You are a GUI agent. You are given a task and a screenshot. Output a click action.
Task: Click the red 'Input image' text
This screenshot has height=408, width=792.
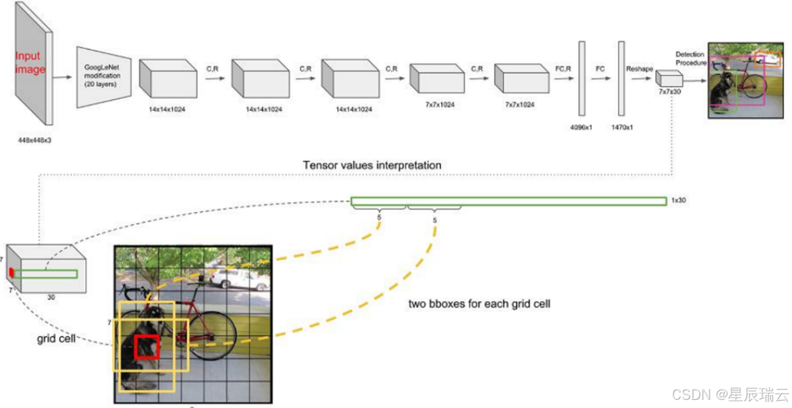tap(28, 63)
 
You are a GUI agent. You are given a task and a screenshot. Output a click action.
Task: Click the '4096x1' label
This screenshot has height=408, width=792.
tap(581, 126)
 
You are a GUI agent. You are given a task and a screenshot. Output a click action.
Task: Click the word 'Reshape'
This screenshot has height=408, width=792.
tap(639, 68)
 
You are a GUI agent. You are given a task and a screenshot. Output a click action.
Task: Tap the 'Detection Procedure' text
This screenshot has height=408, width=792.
tap(690, 58)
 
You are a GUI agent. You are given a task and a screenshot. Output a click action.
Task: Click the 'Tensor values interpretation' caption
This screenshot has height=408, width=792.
tap(372, 165)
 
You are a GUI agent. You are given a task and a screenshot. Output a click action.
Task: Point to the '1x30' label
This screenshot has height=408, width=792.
tap(678, 201)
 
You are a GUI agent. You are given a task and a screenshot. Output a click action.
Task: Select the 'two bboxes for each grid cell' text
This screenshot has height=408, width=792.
tap(479, 304)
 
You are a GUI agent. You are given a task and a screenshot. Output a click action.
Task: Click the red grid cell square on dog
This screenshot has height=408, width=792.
tap(147, 347)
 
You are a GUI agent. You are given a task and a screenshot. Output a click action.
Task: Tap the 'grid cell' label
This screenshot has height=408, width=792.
tap(55, 338)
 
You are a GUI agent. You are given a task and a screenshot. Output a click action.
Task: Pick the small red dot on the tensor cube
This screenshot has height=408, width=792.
tap(11, 272)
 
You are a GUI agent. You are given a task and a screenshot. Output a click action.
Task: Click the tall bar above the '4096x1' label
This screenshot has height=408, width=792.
tap(580, 78)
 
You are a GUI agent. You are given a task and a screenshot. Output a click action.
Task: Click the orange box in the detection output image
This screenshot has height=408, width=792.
tap(768, 59)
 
